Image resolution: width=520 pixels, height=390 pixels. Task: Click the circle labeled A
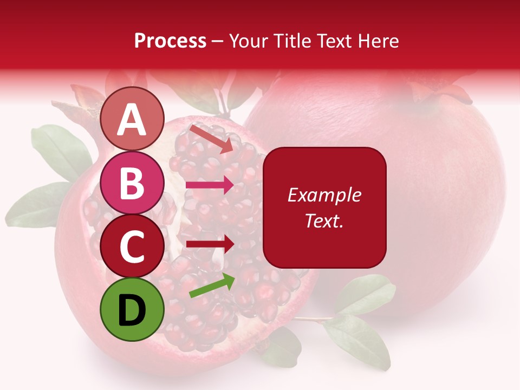(x=132, y=119)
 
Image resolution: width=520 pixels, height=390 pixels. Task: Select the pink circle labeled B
(x=132, y=183)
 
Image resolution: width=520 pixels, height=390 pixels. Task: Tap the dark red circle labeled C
(x=132, y=246)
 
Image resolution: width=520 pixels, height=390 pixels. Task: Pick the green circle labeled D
(x=132, y=310)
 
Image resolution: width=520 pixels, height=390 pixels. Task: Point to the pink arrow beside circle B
(x=210, y=186)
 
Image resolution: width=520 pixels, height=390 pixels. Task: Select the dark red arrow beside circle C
(x=210, y=243)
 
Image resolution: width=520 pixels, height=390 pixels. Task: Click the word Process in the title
(x=170, y=41)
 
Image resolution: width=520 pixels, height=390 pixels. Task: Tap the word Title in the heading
(x=291, y=41)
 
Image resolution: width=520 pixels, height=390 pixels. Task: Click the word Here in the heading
(x=379, y=41)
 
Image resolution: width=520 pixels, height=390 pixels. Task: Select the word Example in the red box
(x=324, y=195)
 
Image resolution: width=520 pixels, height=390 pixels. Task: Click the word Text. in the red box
(x=324, y=220)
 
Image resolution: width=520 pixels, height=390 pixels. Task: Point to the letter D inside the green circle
(x=132, y=311)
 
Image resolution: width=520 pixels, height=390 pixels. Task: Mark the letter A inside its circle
(x=132, y=120)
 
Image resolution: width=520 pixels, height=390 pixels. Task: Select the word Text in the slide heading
(x=334, y=41)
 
